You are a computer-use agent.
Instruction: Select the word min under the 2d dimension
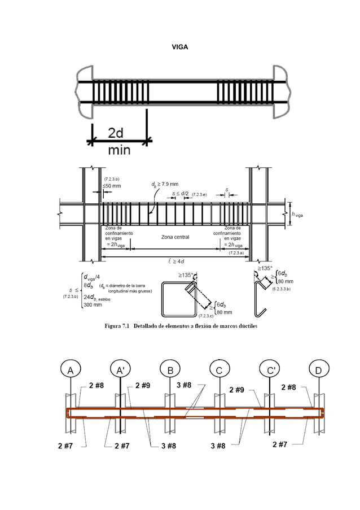point(119,150)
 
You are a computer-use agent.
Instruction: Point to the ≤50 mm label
point(111,186)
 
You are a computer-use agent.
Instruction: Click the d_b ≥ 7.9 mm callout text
point(164,184)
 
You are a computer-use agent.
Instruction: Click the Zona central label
point(175,237)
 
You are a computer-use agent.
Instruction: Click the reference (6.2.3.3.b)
point(280,289)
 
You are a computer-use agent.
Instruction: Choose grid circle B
point(170,370)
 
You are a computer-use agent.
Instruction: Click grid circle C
point(219,370)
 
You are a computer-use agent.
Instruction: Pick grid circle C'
point(271,370)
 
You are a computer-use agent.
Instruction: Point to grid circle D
point(319,370)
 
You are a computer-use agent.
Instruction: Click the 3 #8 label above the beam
point(184,386)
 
